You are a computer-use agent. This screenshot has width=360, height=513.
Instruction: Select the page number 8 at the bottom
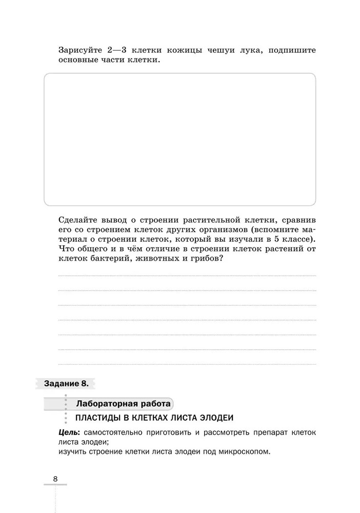(x=55, y=479)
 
